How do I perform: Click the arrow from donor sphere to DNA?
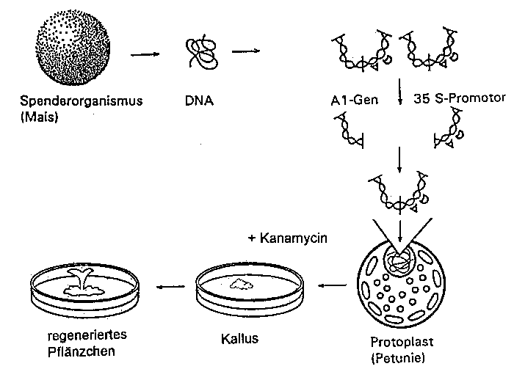tap(145, 54)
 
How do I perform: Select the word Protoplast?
tap(398, 343)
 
